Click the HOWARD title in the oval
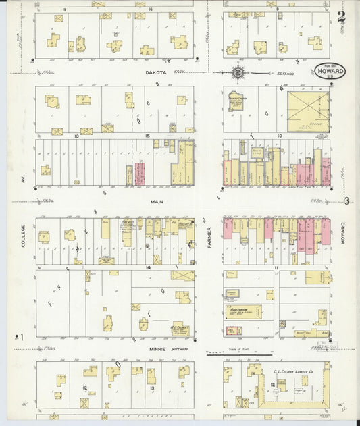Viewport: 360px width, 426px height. [x=329, y=70]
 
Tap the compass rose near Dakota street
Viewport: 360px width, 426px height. [x=238, y=72]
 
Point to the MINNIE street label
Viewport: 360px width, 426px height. [x=157, y=349]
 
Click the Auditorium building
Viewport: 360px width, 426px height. [x=242, y=311]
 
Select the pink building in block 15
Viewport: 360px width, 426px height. [x=140, y=174]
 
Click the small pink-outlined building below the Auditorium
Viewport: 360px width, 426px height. [x=234, y=331]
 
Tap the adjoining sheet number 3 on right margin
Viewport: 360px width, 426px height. [x=346, y=201]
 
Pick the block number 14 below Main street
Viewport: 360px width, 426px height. [x=146, y=268]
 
